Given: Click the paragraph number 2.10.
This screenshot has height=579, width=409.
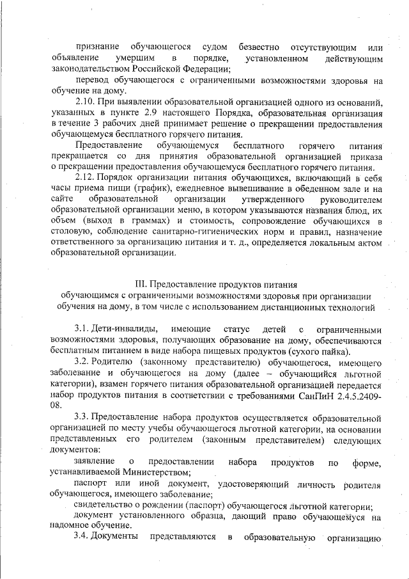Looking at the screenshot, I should pos(84,103).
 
